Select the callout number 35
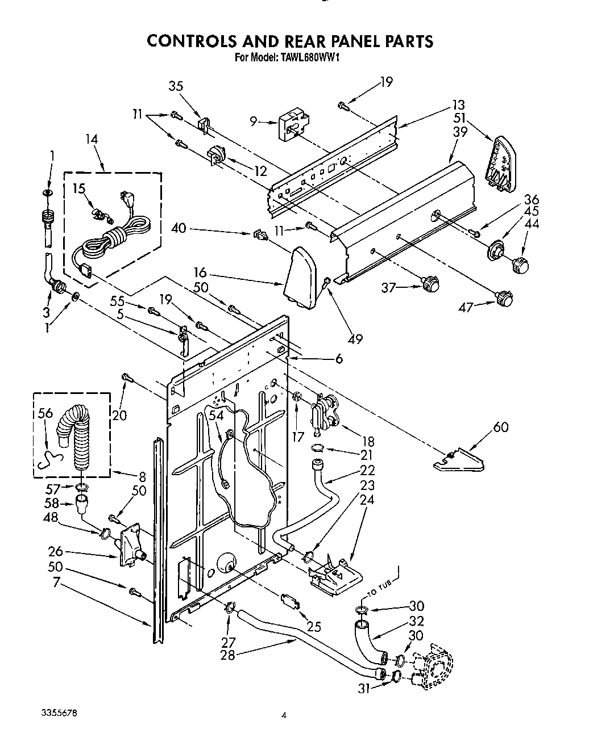pos(176,86)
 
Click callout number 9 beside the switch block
pos(254,120)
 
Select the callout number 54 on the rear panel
pos(217,416)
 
